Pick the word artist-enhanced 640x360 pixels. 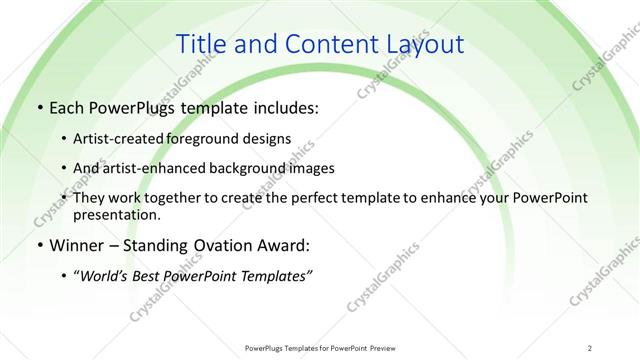coord(153,168)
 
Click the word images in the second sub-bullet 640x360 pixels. coord(311,168)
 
